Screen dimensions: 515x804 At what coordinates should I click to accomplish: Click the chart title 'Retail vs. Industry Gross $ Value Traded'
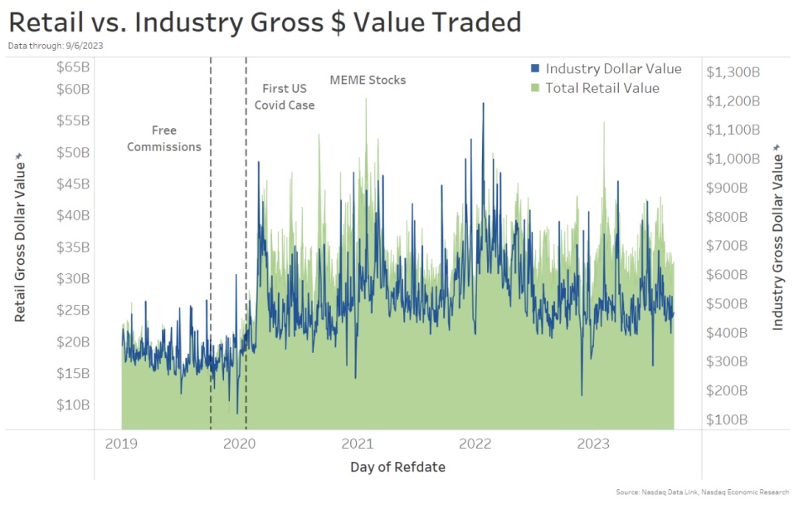[265, 22]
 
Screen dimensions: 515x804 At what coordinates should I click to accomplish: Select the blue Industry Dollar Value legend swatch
[535, 69]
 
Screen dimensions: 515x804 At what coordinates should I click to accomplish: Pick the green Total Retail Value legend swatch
[535, 88]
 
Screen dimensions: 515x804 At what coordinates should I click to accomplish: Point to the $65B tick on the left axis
[73, 67]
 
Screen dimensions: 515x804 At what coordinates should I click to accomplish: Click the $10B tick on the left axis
[73, 405]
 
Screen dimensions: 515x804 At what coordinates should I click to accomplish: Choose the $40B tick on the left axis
[73, 215]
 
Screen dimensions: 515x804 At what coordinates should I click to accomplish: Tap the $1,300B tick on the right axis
[733, 72]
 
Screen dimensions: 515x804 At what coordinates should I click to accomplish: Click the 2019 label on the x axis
[121, 444]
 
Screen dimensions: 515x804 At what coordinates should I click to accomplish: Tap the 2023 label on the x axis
[594, 444]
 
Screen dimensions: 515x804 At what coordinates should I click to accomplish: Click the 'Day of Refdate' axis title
[397, 467]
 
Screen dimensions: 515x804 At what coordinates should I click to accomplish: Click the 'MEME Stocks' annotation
[368, 81]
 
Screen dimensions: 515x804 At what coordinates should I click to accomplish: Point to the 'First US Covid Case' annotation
[285, 96]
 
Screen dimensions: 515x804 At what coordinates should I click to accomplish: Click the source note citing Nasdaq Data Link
[702, 493]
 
